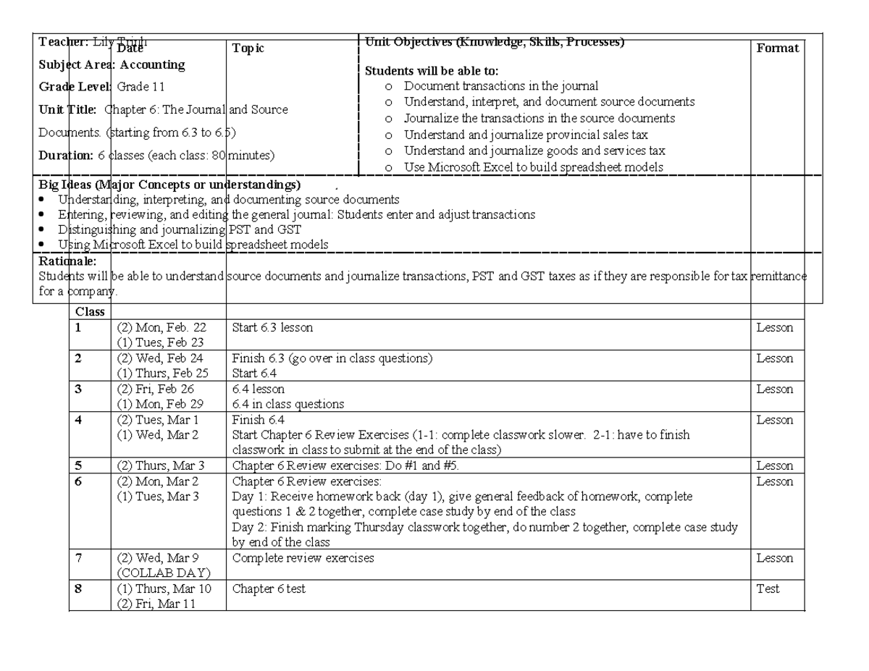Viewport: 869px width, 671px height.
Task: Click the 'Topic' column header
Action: tap(248, 48)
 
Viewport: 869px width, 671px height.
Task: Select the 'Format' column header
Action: tap(777, 48)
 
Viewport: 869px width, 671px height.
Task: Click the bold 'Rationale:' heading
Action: tap(63, 261)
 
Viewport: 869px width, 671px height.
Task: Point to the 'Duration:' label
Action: tap(67, 154)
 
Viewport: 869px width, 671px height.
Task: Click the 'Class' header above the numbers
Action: tap(90, 312)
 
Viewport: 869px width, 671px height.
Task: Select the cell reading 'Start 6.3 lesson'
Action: tap(272, 328)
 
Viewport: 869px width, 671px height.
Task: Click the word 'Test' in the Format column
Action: tap(768, 589)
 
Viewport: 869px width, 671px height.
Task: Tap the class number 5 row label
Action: tap(77, 466)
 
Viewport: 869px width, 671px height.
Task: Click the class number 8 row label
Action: tap(77, 589)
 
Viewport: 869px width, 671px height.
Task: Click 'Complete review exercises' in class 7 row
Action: tap(303, 558)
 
